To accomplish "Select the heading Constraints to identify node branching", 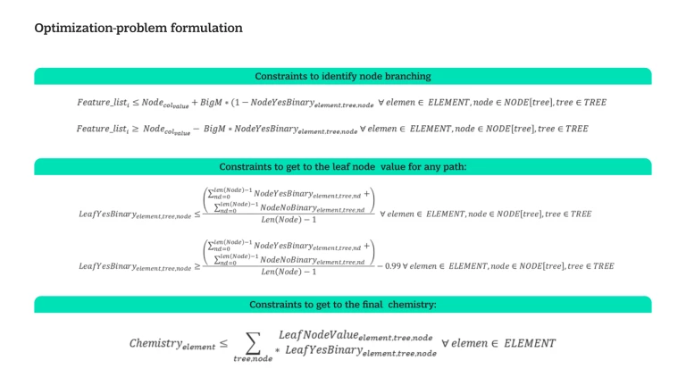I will coord(343,76).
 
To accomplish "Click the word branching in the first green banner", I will coord(407,76).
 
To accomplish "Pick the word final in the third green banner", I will coord(364,305).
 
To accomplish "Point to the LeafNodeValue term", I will coord(356,335).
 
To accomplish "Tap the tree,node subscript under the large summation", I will coord(253,358).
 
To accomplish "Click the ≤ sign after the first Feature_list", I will coord(134,103).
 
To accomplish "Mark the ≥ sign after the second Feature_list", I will coord(134,130).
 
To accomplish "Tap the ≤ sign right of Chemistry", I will coord(223,343).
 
